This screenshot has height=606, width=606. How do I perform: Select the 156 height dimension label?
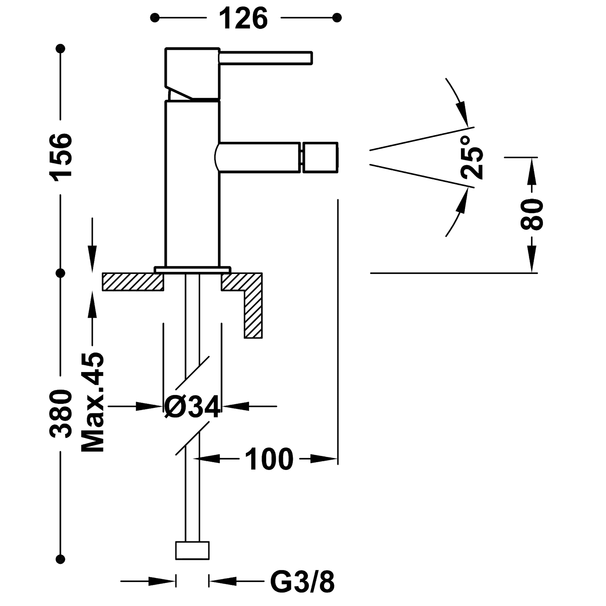click(x=61, y=157)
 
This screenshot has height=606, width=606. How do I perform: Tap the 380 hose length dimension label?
click(x=61, y=414)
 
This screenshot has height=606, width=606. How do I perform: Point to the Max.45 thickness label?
click(x=93, y=402)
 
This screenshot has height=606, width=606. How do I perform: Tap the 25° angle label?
click(x=471, y=157)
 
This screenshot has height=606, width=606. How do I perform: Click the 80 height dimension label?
click(x=532, y=214)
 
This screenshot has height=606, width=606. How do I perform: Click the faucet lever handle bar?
click(x=266, y=58)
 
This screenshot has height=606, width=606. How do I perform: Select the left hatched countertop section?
click(x=133, y=281)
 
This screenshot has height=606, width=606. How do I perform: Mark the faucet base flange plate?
click(x=193, y=270)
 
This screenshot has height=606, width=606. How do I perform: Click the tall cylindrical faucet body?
click(x=192, y=184)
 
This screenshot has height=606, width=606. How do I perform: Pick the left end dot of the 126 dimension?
click(x=155, y=18)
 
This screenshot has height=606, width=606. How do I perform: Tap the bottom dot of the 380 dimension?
click(x=61, y=559)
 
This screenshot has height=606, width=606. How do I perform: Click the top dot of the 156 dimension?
click(x=61, y=48)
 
